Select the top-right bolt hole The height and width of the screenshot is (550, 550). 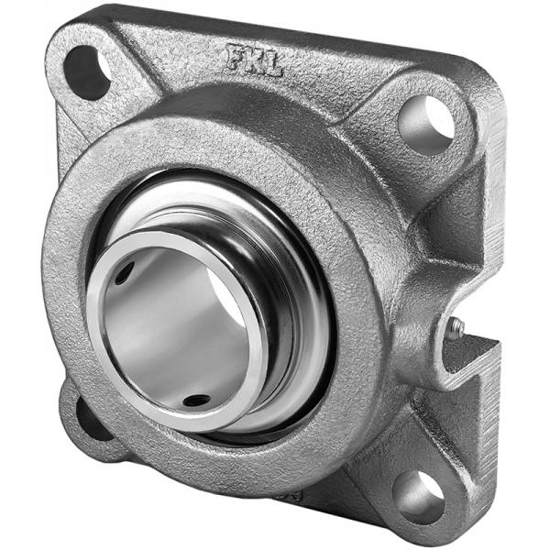(425, 124)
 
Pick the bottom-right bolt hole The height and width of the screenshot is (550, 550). (418, 494)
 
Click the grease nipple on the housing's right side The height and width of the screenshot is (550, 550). (456, 328)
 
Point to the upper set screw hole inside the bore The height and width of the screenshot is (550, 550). (125, 273)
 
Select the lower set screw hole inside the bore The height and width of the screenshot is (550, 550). (196, 400)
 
